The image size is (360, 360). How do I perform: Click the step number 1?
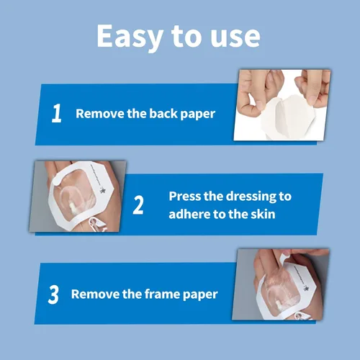(57, 113)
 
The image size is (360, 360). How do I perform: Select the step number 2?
(138, 204)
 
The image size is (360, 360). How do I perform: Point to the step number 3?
(53, 294)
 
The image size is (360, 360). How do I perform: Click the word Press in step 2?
(184, 196)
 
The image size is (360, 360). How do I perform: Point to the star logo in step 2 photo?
(102, 190)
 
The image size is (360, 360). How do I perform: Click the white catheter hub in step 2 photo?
(73, 207)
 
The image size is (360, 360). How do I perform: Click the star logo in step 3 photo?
(306, 288)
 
